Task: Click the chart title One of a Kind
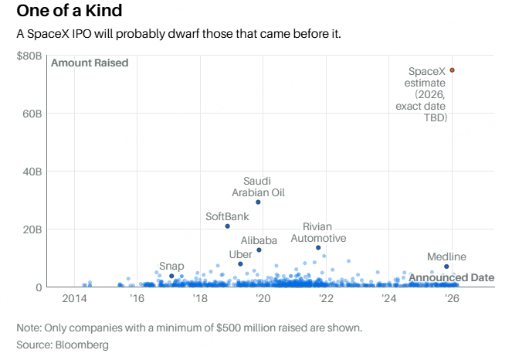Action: pyautogui.click(x=70, y=12)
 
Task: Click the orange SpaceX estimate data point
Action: pyautogui.click(x=453, y=70)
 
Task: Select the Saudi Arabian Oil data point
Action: pyautogui.click(x=258, y=202)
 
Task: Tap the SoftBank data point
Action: pyautogui.click(x=228, y=226)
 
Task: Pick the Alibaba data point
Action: pyautogui.click(x=259, y=250)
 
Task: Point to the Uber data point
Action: pyautogui.click(x=241, y=264)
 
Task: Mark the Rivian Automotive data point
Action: pyautogui.click(x=318, y=248)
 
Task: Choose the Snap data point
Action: pyautogui.click(x=171, y=276)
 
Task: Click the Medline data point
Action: pyautogui.click(x=446, y=267)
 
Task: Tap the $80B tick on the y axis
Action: pyautogui.click(x=29, y=56)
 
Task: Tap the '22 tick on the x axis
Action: pyautogui.click(x=325, y=299)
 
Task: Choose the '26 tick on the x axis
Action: pyautogui.click(x=451, y=299)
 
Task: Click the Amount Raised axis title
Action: pyautogui.click(x=90, y=63)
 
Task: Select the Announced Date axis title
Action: pyautogui.click(x=452, y=277)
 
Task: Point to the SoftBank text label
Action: pyautogui.click(x=228, y=216)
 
